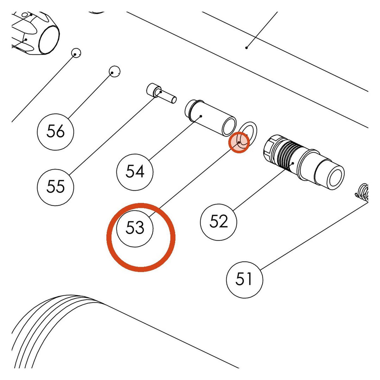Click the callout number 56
click(56, 132)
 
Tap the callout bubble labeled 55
click(56, 187)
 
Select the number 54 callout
click(135, 172)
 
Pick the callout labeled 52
click(218, 222)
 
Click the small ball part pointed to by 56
click(114, 71)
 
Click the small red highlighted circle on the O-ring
click(239, 143)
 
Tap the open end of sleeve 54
click(229, 127)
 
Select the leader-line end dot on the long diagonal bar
click(246, 48)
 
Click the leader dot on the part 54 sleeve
click(201, 116)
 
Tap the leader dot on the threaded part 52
click(293, 163)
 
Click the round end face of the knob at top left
click(49, 40)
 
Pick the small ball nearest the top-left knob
click(76, 53)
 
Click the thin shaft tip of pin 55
click(174, 100)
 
